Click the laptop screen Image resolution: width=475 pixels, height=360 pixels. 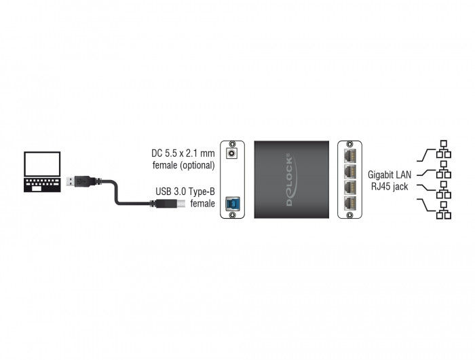pyautogui.click(x=42, y=164)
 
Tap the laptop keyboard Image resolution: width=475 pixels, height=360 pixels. pyautogui.click(x=42, y=185)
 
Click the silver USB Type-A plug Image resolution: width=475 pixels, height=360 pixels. pyautogui.click(x=71, y=181)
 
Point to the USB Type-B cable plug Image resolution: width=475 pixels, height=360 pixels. pyautogui.click(x=170, y=204)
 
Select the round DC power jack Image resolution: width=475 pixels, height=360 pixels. pyautogui.click(x=232, y=153)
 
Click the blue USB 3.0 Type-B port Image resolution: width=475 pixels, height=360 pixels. pyautogui.click(x=232, y=203)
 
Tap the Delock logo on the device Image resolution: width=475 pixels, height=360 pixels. pyautogui.click(x=291, y=179)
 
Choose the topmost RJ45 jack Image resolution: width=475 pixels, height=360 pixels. pyautogui.click(x=349, y=156)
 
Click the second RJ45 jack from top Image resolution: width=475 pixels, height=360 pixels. pyautogui.click(x=349, y=171)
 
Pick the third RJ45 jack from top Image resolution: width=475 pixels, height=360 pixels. pyautogui.click(x=349, y=187)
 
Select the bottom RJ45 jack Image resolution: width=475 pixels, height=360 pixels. pyautogui.click(x=349, y=203)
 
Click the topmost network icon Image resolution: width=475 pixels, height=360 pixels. pyautogui.click(x=444, y=149)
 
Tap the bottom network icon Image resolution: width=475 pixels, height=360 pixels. pyautogui.click(x=444, y=210)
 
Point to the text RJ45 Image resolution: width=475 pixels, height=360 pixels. pyautogui.click(x=381, y=187)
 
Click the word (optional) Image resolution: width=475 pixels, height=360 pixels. pyautogui.click(x=197, y=165)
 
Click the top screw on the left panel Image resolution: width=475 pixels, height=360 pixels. pyautogui.click(x=232, y=144)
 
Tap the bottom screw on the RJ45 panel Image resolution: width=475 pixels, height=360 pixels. pyautogui.click(x=349, y=215)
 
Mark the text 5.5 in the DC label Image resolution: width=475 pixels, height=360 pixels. pyautogui.click(x=171, y=154)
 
